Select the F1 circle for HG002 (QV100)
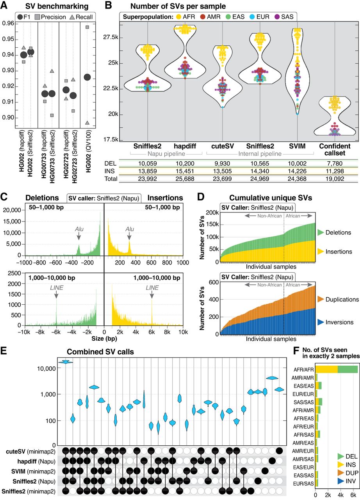[x=87, y=77]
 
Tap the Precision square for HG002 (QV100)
[x=87, y=27]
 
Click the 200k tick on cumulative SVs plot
[x=210, y=212]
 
